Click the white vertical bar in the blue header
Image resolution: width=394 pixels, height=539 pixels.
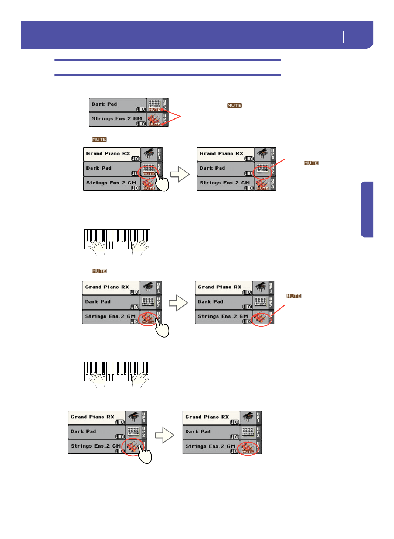click(344, 37)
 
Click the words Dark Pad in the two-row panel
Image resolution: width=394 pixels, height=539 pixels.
click(104, 104)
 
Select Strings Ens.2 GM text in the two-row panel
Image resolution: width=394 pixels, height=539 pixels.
click(116, 119)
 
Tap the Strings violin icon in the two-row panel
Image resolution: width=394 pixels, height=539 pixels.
click(154, 119)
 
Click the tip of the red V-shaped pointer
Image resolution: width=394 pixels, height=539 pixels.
click(181, 117)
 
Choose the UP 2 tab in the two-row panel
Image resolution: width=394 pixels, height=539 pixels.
click(165, 105)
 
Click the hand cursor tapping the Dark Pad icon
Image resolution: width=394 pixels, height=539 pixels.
click(162, 182)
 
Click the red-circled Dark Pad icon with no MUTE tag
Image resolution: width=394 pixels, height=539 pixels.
click(262, 170)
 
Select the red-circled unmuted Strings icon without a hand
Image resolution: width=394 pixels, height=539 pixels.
click(261, 318)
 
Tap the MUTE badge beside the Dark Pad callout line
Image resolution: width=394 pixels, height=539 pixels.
click(311, 163)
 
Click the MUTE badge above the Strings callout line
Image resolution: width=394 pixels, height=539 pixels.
click(294, 296)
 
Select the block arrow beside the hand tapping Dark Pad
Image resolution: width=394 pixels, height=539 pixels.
click(180, 174)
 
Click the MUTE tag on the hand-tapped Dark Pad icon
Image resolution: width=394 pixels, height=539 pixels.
click(149, 174)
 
